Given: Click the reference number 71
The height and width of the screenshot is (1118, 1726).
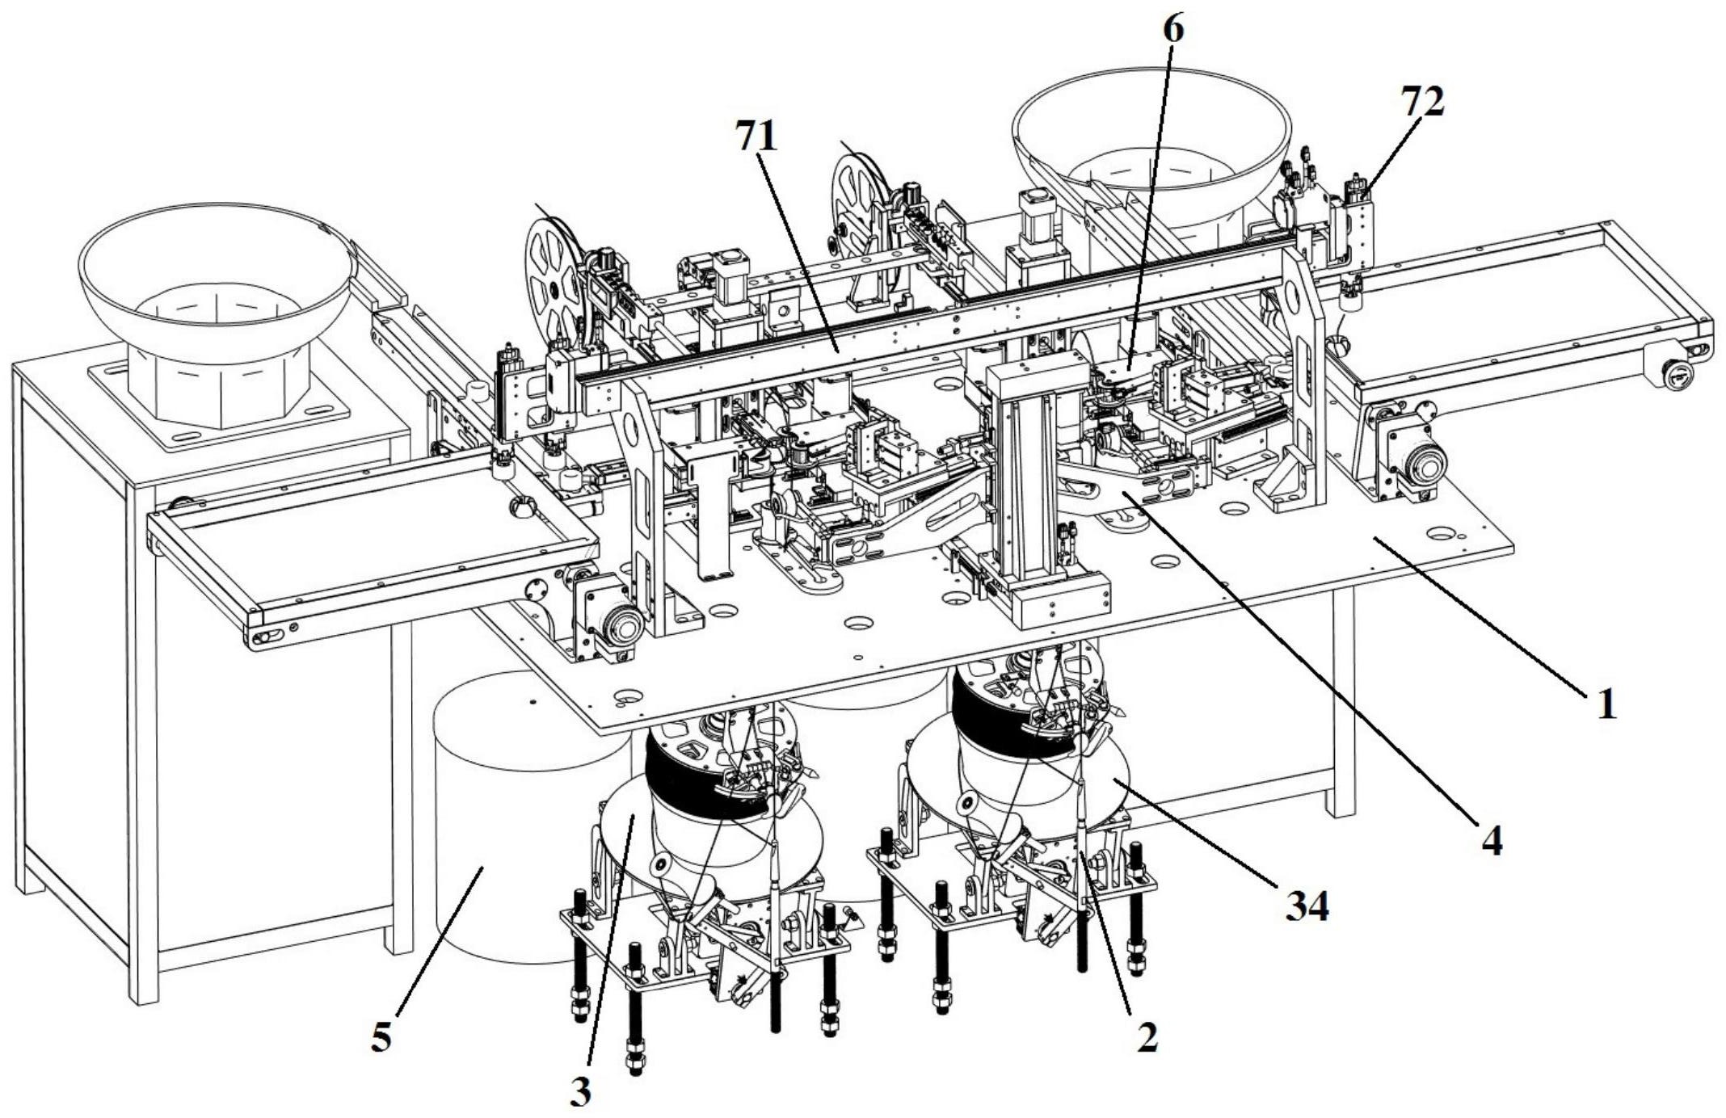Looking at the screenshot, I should pyautogui.click(x=756, y=136).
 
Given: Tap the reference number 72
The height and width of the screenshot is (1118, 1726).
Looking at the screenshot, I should pyautogui.click(x=1423, y=102).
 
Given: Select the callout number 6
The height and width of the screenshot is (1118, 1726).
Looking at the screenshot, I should pyautogui.click(x=1173, y=29).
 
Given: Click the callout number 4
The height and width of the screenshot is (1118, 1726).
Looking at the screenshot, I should pyautogui.click(x=1492, y=841).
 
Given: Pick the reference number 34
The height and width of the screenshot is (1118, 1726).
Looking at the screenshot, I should pyautogui.click(x=1307, y=906).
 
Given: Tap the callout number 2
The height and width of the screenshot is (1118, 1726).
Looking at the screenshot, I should pyautogui.click(x=1147, y=1037).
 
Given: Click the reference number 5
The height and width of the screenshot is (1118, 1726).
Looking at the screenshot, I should pyautogui.click(x=381, y=1036).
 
